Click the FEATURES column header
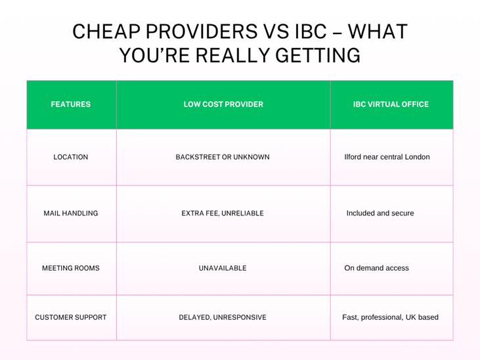point(71,104)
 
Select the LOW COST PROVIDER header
point(223,104)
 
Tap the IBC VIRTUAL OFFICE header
point(391,104)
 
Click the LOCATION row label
point(71,157)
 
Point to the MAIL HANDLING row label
point(71,214)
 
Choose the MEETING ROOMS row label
point(71,268)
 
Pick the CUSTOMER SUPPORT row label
point(71,317)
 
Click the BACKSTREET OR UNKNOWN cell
point(223,157)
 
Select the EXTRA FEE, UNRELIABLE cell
point(223,214)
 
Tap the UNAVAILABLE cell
point(223,268)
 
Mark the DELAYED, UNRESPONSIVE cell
point(223,317)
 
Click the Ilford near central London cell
point(387,157)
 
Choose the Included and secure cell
point(380,214)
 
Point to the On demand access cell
point(376,268)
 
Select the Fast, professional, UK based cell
point(390,317)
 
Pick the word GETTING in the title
point(318,55)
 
